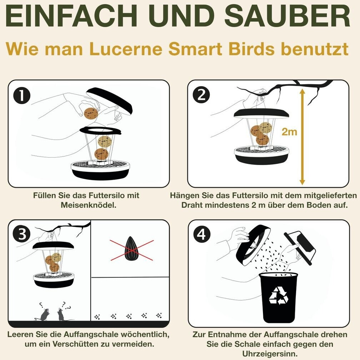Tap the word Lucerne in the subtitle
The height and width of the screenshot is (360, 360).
pos(126,49)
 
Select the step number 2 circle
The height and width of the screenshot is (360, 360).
pos(201,94)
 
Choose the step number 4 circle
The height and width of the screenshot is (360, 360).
pos(202,235)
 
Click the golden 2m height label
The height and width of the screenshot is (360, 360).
pos(289,132)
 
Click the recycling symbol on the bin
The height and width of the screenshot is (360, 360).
pos(279,295)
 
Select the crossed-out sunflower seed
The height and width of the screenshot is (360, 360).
pos(132,249)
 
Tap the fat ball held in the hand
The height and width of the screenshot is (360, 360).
pos(91,113)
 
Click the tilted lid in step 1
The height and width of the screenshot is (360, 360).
pos(110,100)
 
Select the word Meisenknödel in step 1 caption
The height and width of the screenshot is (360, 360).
pos(89,205)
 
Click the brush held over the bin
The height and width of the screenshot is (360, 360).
pos(300,248)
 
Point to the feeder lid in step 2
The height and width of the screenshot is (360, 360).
pos(261,113)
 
